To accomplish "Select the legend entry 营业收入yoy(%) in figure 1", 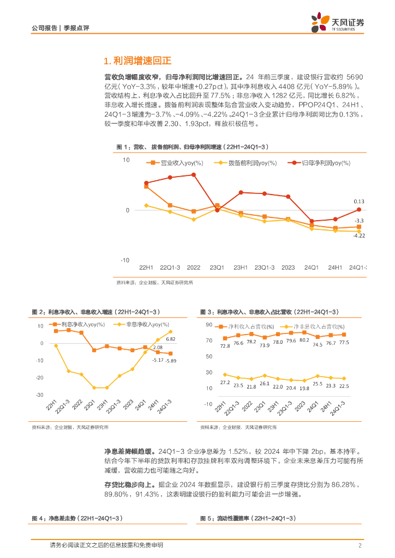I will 175,163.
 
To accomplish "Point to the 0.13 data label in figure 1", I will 358,202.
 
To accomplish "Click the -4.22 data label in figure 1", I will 358,235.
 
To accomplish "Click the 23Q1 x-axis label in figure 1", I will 217,268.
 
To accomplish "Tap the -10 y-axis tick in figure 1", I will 125,260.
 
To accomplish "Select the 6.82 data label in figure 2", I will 171,339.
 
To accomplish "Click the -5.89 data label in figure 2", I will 171,360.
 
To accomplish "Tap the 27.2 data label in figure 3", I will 225,383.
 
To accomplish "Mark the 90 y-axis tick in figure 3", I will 208,325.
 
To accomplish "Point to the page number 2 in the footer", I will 360,545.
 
